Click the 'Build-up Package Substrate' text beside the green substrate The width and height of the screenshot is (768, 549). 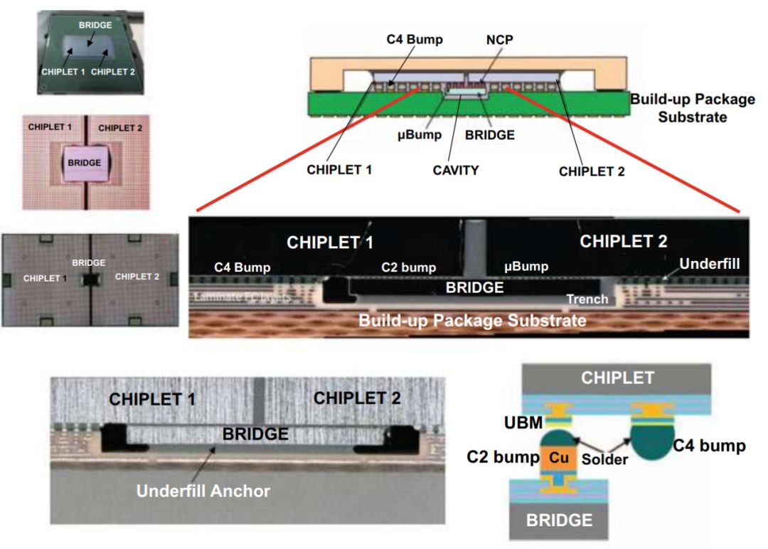tap(692, 107)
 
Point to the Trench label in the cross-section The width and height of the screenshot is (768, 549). tap(587, 299)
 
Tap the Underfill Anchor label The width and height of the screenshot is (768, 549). tap(203, 491)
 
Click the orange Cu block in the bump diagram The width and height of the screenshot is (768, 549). tap(560, 459)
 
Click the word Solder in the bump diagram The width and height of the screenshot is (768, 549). tap(604, 459)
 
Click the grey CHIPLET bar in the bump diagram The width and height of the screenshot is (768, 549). tap(617, 378)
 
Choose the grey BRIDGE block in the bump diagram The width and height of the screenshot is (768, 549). tap(558, 520)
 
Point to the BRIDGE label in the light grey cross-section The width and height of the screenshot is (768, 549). tap(255, 433)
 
